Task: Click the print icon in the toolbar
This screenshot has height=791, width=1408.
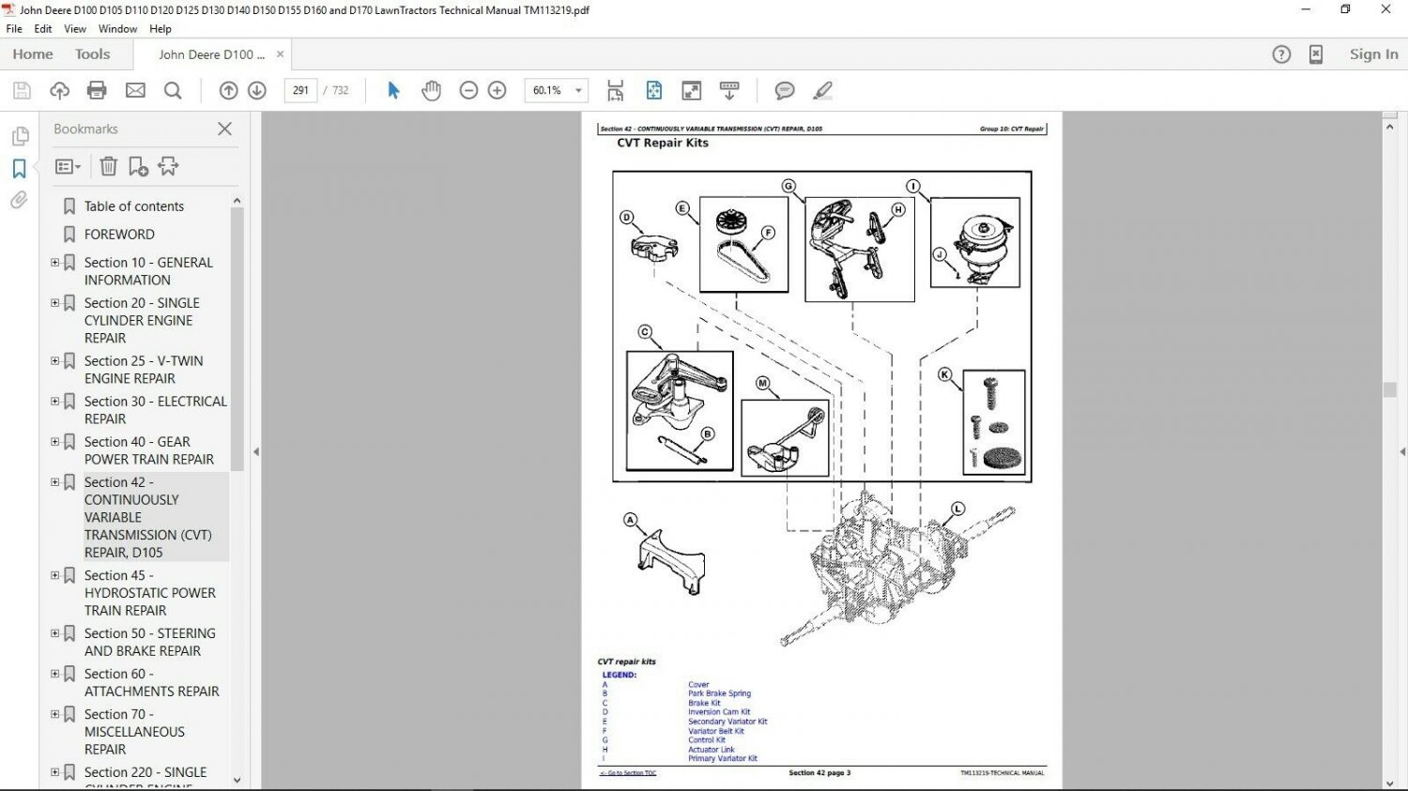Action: pos(97,90)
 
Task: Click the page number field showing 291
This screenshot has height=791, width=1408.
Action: pos(300,90)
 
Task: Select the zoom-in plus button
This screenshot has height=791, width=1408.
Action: pos(497,90)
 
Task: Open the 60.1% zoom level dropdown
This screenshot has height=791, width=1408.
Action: pos(578,90)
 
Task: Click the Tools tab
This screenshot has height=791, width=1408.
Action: pos(92,54)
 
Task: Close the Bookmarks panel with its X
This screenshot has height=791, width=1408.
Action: pos(224,129)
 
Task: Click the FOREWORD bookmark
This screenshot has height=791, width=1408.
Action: pos(119,234)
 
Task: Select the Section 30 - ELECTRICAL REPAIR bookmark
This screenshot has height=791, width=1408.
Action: pos(155,409)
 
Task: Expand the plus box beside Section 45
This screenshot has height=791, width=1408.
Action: pos(54,575)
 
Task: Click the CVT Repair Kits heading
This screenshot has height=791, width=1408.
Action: pos(663,143)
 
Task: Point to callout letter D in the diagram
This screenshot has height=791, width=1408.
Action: pos(627,218)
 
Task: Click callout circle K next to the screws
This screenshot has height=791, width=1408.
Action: pos(945,374)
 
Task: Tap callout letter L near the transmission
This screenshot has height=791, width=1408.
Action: pos(957,509)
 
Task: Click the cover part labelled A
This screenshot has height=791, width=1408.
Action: pos(672,560)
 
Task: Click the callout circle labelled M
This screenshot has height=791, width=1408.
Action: pos(762,383)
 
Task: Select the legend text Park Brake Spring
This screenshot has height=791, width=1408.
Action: pos(719,693)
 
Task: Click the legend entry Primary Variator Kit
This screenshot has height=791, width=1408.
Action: pos(722,758)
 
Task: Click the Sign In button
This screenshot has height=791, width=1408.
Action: pos(1373,54)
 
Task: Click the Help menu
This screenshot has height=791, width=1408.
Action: pos(161,29)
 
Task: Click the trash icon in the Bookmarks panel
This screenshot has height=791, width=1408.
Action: pos(109,166)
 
